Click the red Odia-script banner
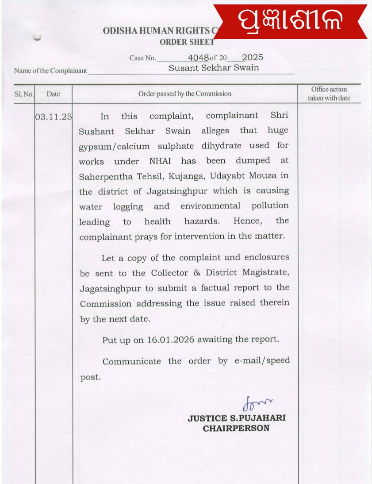(x=291, y=21)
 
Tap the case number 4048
(x=198, y=58)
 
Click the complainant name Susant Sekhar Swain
(x=214, y=68)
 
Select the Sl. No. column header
(x=24, y=94)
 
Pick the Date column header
(x=53, y=94)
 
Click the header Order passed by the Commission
(x=185, y=93)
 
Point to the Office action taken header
(x=329, y=94)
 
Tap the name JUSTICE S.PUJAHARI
(x=237, y=418)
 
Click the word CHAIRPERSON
(x=236, y=429)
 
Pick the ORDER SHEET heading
(x=187, y=42)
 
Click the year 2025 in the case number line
(x=253, y=58)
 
